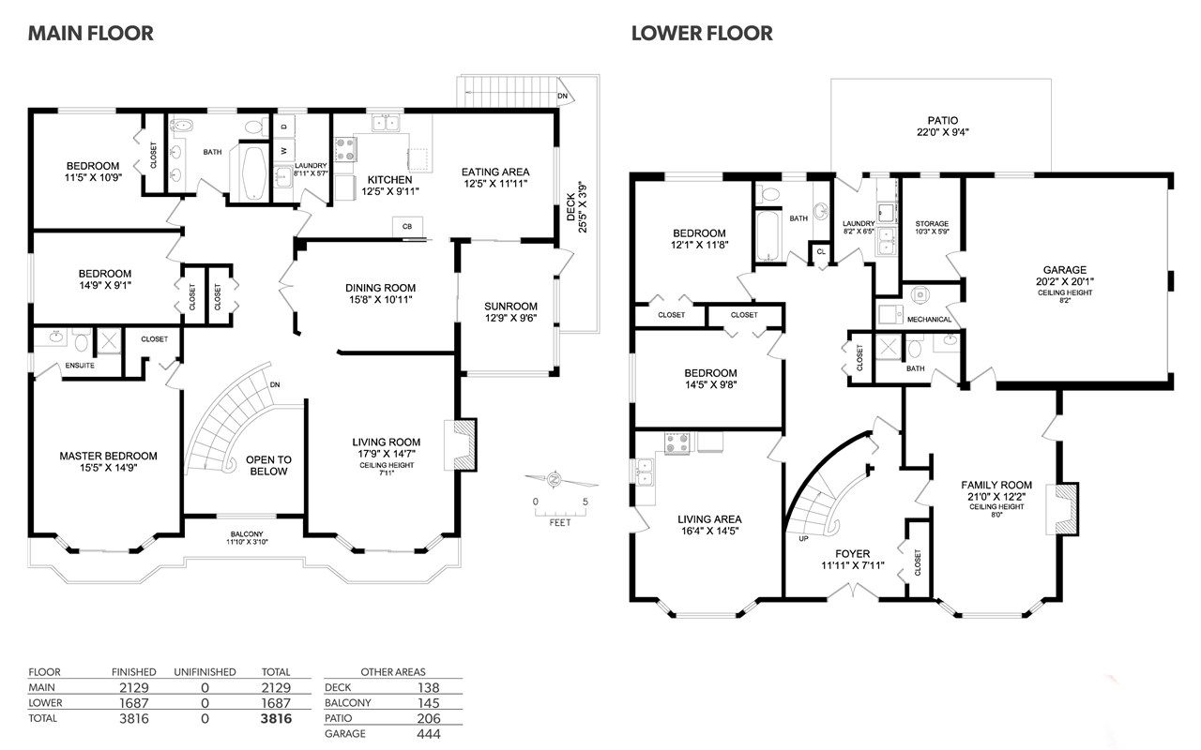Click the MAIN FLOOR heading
91,33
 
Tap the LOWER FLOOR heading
702,33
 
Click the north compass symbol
555,479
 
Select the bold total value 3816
276,718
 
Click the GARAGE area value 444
429,734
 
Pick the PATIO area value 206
429,718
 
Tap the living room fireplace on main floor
461,445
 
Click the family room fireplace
1062,508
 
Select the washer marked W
284,151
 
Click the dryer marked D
284,127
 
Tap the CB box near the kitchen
407,227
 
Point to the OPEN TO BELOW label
268,466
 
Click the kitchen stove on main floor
345,149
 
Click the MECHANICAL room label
929,320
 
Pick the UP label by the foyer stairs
803,538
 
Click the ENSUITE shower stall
109,340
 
